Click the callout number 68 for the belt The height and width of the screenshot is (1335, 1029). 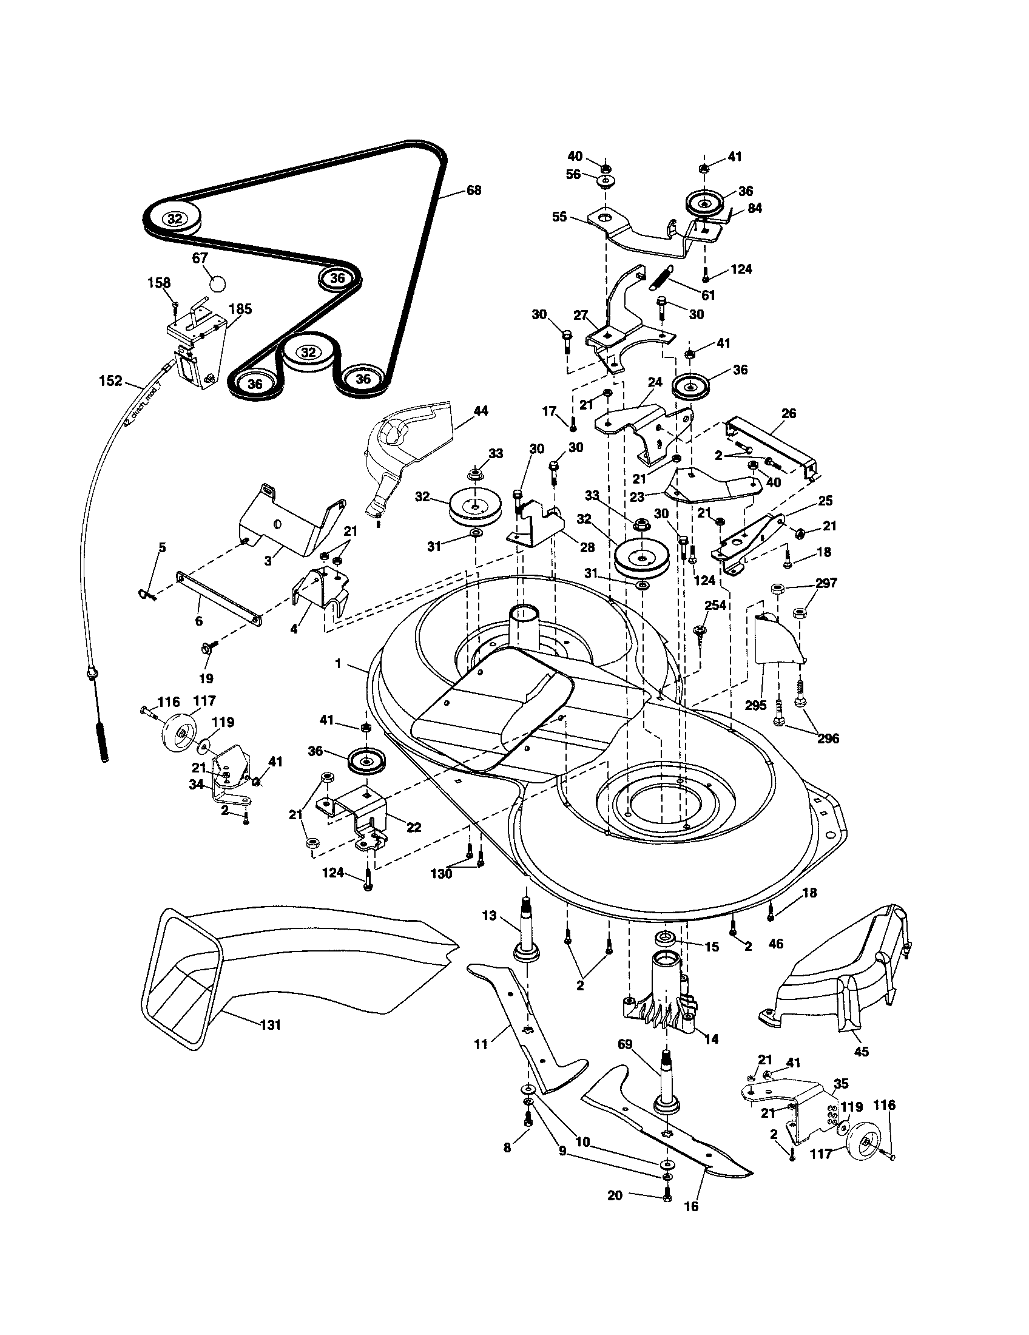(x=474, y=190)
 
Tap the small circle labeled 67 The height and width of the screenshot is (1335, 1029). (x=217, y=283)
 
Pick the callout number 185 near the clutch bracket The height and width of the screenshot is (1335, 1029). (x=240, y=309)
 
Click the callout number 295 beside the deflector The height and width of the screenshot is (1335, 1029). (x=755, y=705)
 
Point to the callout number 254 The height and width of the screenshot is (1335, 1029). (x=715, y=606)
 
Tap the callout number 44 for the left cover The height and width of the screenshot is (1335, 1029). (x=481, y=411)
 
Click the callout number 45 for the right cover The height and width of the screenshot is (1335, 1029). (x=861, y=1052)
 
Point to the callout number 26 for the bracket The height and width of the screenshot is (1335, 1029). (x=788, y=413)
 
